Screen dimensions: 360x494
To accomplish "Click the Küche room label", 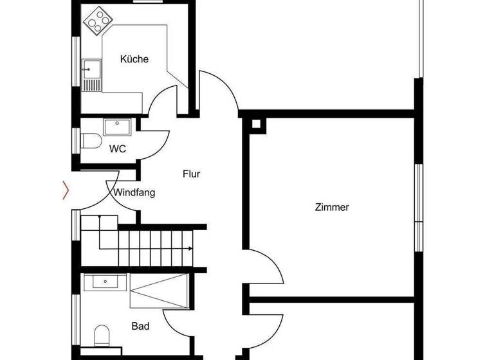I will [x=134, y=59].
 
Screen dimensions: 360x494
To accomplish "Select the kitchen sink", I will [x=91, y=73].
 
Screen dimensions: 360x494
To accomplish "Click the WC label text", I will [x=118, y=149].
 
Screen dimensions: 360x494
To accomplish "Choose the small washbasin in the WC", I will [x=118, y=127].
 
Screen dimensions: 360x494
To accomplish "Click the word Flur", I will [x=192, y=174].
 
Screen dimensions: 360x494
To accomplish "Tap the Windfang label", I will [x=134, y=192].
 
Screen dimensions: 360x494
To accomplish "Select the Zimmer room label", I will [x=332, y=207].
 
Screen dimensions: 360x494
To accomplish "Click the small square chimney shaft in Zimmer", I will [x=257, y=124].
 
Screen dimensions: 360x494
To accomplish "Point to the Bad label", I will [x=140, y=327].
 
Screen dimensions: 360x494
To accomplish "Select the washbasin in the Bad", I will [x=105, y=282].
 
